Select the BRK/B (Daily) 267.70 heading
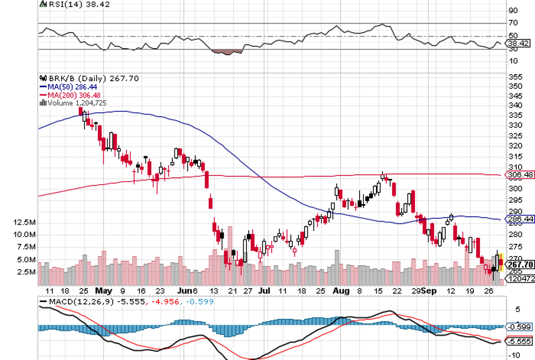click(86, 78)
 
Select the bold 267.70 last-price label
click(521, 265)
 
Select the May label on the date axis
click(103, 291)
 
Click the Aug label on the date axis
click(341, 291)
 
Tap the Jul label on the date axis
click(264, 291)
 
